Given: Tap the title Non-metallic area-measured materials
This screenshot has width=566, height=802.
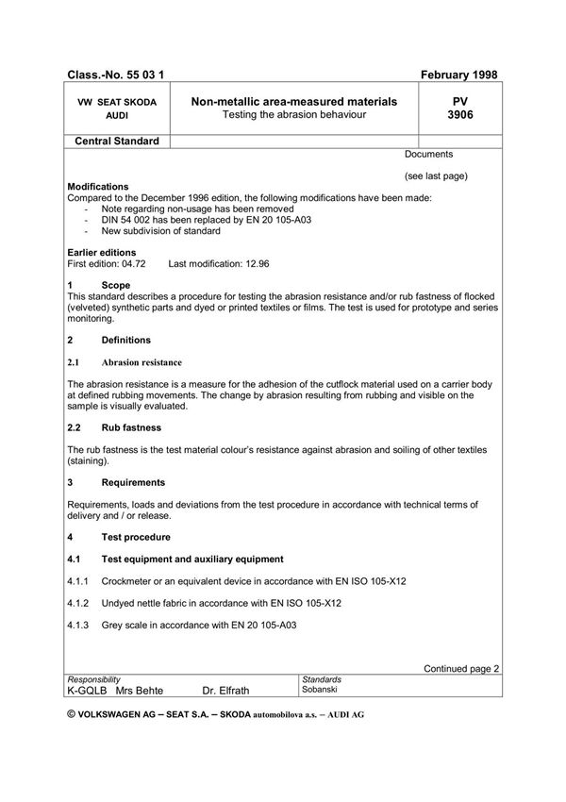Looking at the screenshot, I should coord(293,101).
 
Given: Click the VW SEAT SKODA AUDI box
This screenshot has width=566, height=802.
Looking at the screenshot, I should coord(118,108).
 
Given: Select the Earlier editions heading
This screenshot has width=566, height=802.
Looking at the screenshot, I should coord(102,252).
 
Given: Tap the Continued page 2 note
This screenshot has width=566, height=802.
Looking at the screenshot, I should coord(461,668).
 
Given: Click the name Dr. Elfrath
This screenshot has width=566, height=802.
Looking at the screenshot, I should coord(226,691).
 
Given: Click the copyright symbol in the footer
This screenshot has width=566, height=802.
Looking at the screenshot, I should coord(73,714).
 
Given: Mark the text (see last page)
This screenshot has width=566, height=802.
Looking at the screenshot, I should coord(436,175).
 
